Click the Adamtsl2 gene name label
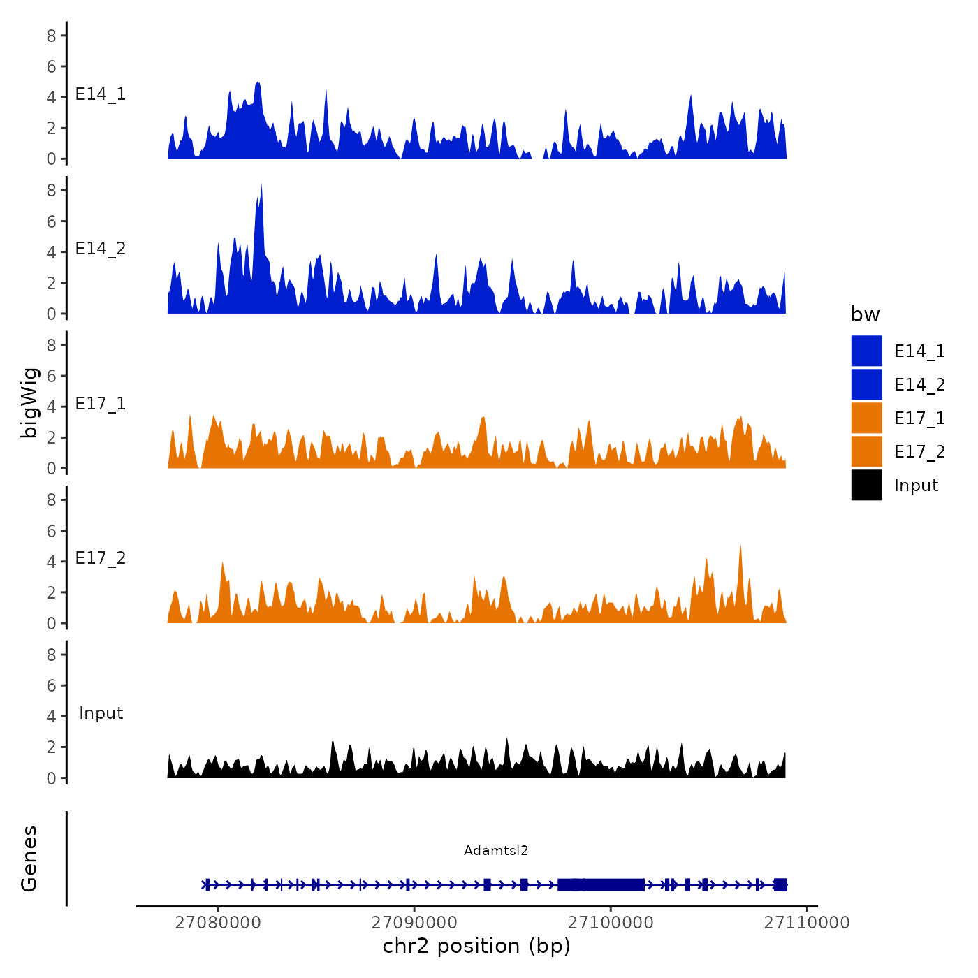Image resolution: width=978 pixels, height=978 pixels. tap(496, 850)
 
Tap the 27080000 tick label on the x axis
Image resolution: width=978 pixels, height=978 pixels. tap(218, 922)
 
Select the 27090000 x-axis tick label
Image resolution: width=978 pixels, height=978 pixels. tap(414, 922)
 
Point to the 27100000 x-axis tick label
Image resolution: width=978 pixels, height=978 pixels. tap(611, 922)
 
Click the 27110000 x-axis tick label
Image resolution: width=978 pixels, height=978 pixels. tap(807, 922)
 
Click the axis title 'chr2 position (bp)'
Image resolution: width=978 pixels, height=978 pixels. tap(476, 946)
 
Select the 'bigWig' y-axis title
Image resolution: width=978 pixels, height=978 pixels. tap(29, 402)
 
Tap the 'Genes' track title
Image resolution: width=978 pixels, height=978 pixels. tap(29, 859)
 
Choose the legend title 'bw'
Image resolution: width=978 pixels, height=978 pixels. tap(865, 314)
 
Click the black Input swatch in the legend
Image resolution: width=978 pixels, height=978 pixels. tap(866, 485)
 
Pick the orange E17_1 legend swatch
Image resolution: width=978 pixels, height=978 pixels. tap(866, 418)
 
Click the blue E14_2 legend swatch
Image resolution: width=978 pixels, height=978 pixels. tap(866, 384)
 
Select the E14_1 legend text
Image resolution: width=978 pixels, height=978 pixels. tap(919, 351)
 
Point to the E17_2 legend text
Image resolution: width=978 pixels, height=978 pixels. tap(919, 451)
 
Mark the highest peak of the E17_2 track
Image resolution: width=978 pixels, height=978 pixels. tap(740, 547)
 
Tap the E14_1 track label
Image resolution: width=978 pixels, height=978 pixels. tap(101, 94)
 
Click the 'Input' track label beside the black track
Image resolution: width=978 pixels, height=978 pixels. tap(101, 713)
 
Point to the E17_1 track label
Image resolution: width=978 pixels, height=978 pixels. tap(101, 404)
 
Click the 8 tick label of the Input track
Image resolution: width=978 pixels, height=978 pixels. tap(52, 655)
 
